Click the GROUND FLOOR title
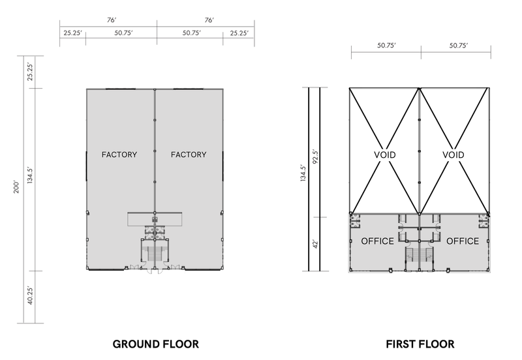[x=155, y=344]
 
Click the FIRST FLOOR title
[x=420, y=344]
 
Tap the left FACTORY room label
[x=119, y=155]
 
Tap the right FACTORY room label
[x=189, y=155]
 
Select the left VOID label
[x=384, y=155]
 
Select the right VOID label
[x=453, y=155]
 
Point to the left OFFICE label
[x=378, y=241]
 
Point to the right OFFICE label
[x=463, y=241]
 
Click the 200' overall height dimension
[x=17, y=187]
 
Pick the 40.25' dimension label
[x=30, y=295]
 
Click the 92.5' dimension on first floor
[x=316, y=157]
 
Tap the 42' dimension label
[x=316, y=243]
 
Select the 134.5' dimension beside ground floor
[x=30, y=175]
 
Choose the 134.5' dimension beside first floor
[x=303, y=173]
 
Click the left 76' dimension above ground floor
[x=112, y=20]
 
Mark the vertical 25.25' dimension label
[x=30, y=72]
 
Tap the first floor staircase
[x=420, y=257]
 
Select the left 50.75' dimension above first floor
[x=386, y=46]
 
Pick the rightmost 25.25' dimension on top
[x=239, y=33]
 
